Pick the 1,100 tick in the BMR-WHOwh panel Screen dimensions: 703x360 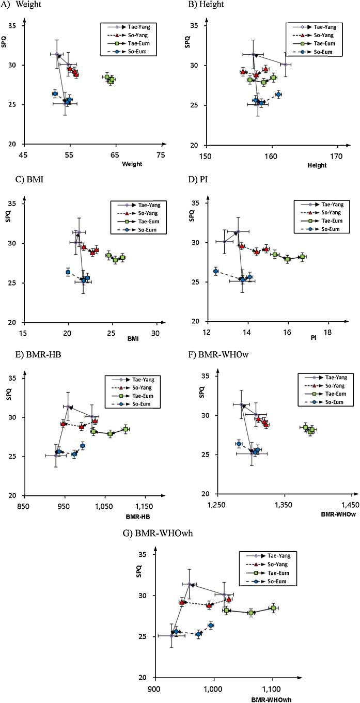coord(272,688)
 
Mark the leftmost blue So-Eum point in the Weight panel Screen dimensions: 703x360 coord(55,93)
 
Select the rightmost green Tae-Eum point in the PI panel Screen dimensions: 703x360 coord(302,257)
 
